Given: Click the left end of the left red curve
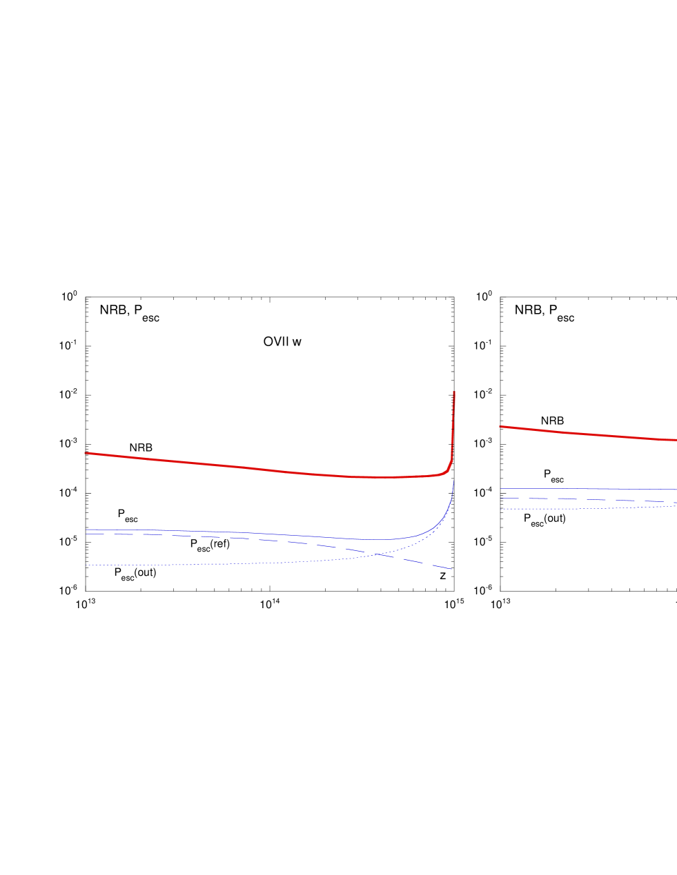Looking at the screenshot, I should click(85, 453).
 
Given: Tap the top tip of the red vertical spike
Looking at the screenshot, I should click(454, 392).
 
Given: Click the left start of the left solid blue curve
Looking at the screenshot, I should click(86, 530).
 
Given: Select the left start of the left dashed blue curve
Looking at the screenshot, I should click(86, 534).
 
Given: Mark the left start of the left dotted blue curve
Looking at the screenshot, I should click(85, 565).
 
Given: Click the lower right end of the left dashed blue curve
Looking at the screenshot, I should click(452, 569).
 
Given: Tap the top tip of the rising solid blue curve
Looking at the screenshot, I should click(453, 483).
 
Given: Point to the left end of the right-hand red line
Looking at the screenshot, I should click(500, 427).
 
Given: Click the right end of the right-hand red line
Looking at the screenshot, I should click(676, 440).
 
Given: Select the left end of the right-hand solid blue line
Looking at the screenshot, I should click(501, 489).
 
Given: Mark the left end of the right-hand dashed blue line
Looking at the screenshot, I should click(501, 498).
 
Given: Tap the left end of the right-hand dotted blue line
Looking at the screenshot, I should click(501, 509).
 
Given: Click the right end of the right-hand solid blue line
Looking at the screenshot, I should click(676, 490).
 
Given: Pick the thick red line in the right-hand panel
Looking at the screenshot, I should click(587, 434).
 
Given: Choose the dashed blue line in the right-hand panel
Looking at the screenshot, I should click(587, 499).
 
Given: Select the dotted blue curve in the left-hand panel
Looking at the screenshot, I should click(276, 563).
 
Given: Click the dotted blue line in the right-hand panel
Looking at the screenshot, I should click(587, 508).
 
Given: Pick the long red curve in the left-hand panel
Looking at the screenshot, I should click(242, 467).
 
